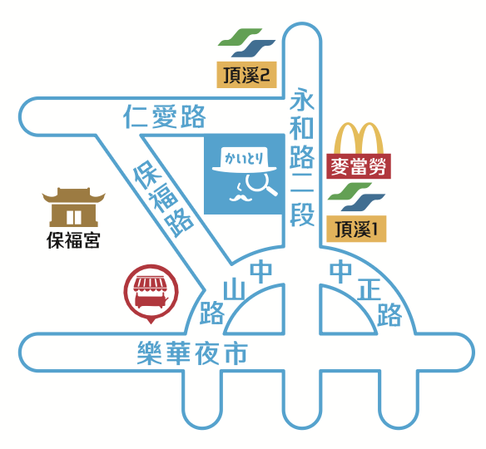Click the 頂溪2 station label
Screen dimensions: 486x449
pos(246,75)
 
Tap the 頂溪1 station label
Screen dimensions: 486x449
pos(356,229)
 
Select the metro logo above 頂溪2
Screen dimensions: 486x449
pos(246,42)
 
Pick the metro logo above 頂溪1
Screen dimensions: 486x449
pos(356,197)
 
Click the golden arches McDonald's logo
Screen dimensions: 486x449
pos(359,138)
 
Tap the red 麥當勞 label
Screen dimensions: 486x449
pos(359,166)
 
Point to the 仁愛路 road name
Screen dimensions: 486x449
pos(165,116)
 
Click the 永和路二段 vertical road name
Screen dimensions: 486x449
pos(302,157)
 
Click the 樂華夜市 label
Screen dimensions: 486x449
pos(192,353)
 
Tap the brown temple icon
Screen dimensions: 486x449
pos(74,207)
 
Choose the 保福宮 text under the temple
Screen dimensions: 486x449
pos(73,240)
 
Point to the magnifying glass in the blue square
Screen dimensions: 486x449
pos(260,184)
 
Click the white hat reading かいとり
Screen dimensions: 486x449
pos(244,160)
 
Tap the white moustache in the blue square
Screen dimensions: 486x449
pos(241,198)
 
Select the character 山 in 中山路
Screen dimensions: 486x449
pos(234,289)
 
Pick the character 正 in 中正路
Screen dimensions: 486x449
pos(369,289)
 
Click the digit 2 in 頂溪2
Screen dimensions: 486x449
pos(265,75)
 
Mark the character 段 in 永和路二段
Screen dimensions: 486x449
pos(302,215)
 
